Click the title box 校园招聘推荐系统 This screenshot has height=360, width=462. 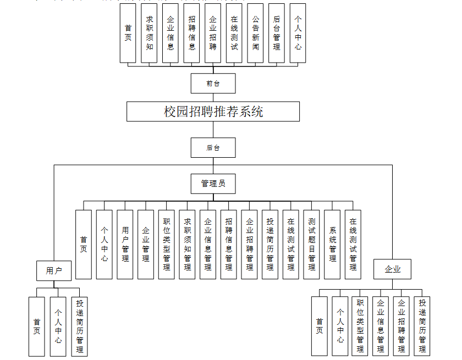[x=213, y=112]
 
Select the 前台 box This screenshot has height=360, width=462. [x=213, y=84]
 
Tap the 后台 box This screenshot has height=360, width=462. [x=213, y=148]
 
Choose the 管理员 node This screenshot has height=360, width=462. [x=213, y=184]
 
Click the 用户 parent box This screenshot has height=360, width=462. [x=54, y=270]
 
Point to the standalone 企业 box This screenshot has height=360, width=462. [x=393, y=269]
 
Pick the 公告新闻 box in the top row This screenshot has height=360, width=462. [x=255, y=33]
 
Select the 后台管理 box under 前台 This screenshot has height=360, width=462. [x=277, y=33]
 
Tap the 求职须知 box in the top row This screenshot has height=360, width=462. [x=150, y=33]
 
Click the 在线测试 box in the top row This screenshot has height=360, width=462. [x=234, y=33]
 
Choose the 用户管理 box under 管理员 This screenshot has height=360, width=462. [x=125, y=245]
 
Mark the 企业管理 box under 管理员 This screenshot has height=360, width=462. [x=146, y=245]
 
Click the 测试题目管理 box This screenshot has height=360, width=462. [x=312, y=245]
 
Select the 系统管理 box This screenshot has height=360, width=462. [x=333, y=245]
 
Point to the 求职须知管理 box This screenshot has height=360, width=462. [x=188, y=245]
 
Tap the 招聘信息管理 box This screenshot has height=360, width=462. [x=229, y=245]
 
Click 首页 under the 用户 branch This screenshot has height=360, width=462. [x=37, y=326]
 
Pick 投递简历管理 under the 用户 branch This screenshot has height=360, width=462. [x=79, y=326]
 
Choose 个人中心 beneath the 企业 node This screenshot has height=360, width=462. [x=340, y=326]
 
